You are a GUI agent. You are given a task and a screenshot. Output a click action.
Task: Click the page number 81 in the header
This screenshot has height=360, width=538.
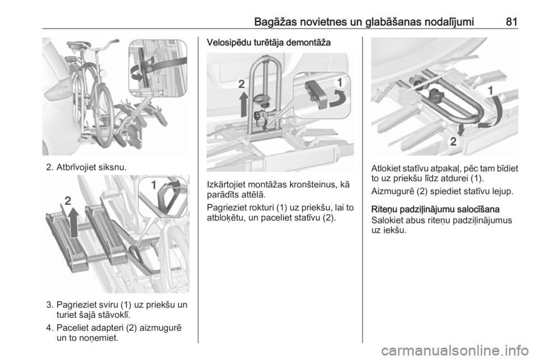click(511, 22)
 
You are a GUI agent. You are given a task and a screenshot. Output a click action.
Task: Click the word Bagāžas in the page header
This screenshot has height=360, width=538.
click(276, 22)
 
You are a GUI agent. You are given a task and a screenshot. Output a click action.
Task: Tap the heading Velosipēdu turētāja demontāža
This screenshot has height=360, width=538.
click(268, 43)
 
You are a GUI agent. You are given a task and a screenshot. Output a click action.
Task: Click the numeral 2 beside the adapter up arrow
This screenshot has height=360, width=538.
click(68, 201)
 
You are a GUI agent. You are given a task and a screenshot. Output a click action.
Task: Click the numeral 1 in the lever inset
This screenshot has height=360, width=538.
click(154, 185)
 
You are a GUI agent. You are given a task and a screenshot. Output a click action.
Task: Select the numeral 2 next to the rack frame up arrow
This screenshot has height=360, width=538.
click(242, 84)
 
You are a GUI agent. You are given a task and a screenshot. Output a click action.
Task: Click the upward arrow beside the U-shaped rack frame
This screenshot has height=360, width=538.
click(243, 104)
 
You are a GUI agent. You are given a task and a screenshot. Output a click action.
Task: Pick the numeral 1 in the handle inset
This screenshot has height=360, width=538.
click(340, 82)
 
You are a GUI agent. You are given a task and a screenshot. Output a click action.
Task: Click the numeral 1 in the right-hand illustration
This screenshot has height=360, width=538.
click(491, 91)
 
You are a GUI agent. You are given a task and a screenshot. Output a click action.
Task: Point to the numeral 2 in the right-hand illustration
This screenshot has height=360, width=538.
click(453, 141)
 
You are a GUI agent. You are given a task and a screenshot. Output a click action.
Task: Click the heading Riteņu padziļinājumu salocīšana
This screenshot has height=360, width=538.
click(435, 209)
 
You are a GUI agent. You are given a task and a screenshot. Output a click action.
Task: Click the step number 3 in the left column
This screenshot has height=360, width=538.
click(50, 304)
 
